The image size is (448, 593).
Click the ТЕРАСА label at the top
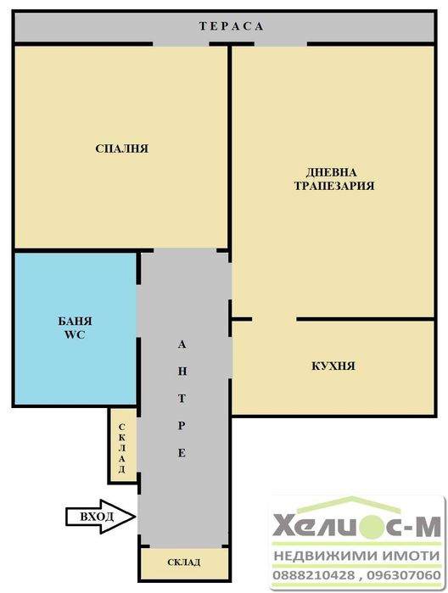pos(232,26)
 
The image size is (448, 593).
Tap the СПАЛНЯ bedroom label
pos(122,148)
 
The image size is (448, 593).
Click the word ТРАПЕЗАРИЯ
pos(334,185)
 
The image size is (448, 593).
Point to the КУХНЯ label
pos(333,366)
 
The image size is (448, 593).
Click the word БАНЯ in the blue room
pos(76,322)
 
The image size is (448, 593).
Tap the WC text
pos(76,335)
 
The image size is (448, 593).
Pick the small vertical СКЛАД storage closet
pos(122,445)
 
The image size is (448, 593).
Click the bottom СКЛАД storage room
pos(183,562)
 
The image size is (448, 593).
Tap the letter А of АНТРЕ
pos(181,345)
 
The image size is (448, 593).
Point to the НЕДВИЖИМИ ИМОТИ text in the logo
pos(357,556)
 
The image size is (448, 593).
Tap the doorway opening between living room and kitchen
pos(274,320)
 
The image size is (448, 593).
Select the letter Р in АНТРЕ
pos(181,427)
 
